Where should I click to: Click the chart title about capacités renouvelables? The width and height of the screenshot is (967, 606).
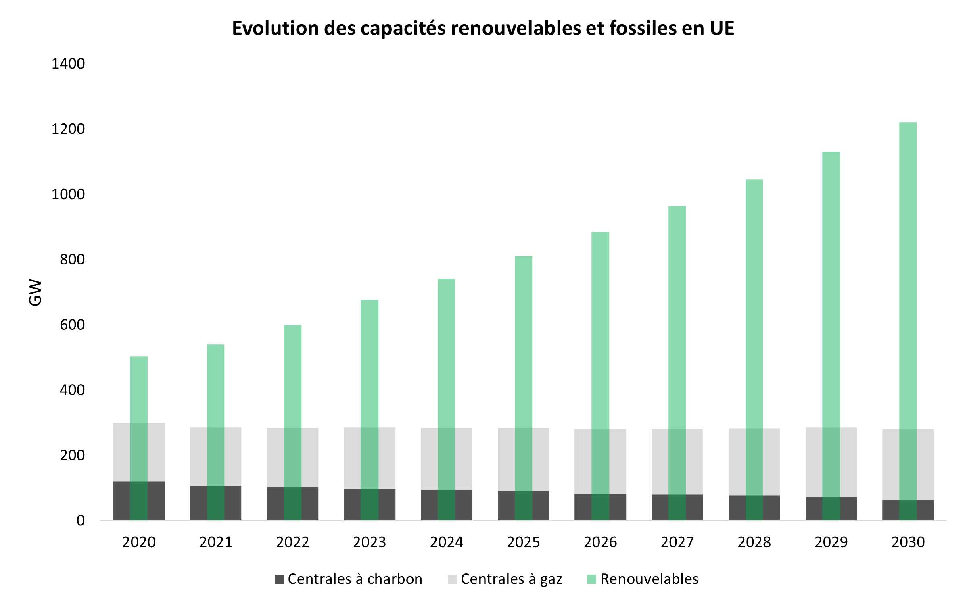coord(483,28)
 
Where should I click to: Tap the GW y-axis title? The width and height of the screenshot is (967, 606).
coord(36,292)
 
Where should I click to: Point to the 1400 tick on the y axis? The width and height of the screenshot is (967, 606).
coord(68,64)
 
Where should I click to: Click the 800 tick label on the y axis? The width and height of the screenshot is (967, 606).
coord(72,259)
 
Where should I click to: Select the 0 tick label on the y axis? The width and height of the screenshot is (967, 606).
coord(81,520)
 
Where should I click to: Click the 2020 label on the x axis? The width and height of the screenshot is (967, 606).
coord(139,542)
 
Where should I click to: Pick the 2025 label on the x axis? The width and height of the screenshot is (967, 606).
coord(523,542)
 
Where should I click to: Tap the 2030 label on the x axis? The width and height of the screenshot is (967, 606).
coord(908,542)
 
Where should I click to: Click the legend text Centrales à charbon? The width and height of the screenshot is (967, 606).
coord(355,579)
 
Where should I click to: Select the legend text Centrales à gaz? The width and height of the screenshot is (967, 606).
coord(511,579)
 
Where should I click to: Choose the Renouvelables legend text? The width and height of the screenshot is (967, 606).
coord(649,579)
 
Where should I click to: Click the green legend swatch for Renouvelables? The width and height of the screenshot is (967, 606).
coord(591,579)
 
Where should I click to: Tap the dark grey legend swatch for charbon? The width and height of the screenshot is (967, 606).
coord(279,579)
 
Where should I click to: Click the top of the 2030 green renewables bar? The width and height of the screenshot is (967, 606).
coord(908,123)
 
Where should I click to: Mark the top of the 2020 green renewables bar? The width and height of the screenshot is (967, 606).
coord(139,357)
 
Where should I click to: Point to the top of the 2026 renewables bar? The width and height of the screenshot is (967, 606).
coord(600,233)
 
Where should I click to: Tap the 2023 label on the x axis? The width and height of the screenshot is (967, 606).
coord(370,542)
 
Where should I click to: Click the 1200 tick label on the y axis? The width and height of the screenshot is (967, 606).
coord(68,129)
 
